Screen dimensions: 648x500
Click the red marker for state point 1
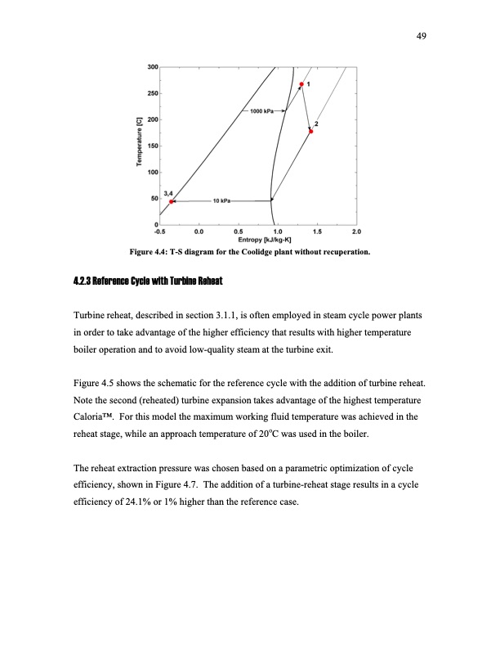[301, 84]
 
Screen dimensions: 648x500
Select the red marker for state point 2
[311, 131]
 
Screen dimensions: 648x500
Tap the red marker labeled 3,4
[172, 201]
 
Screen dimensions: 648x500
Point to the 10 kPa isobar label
[221, 200]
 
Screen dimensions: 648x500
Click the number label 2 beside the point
[316, 124]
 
